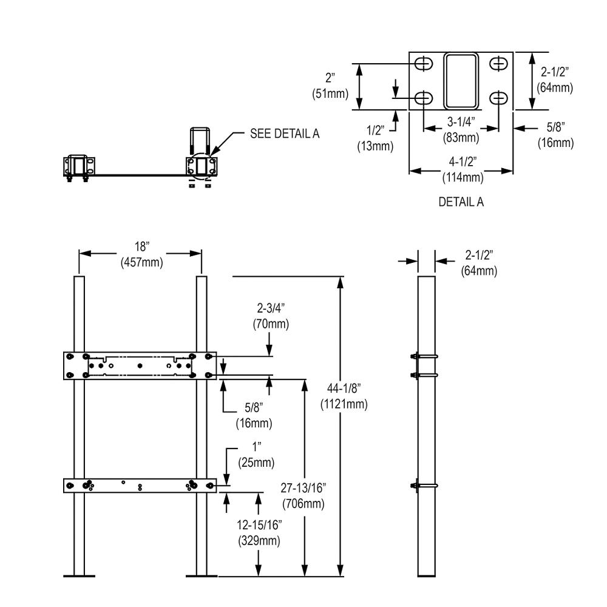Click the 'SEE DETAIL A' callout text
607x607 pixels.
285,134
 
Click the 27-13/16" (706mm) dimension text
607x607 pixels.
303,496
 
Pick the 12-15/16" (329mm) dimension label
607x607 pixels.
259,532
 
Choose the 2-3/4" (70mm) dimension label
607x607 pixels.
270,316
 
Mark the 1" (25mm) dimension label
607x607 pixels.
259,455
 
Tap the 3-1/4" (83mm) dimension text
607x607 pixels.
461,130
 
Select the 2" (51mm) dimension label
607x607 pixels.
330,86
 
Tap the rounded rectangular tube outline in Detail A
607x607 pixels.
461,81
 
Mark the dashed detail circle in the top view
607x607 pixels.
201,165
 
